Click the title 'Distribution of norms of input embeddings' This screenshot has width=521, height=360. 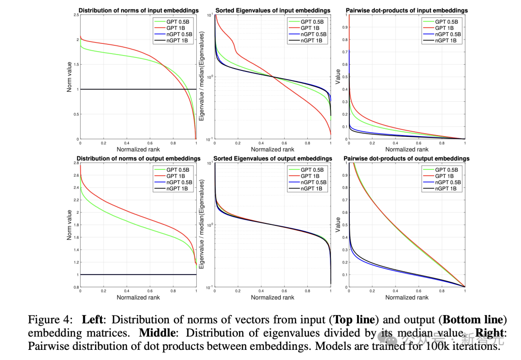pos(138,10)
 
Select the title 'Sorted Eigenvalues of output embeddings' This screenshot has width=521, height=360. pos(273,158)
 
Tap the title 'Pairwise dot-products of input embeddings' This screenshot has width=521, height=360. pos(407,10)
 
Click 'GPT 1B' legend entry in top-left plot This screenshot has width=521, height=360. pos(178,28)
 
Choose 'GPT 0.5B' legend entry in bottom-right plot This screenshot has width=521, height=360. pos(446,170)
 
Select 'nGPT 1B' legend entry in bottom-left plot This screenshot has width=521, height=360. pos(178,189)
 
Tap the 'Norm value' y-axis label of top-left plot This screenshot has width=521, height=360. pos(69,77)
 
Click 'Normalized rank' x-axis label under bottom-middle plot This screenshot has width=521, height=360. pos(273,297)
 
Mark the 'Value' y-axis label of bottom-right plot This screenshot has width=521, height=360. pos(338,225)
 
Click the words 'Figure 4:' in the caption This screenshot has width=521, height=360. pos(50,320)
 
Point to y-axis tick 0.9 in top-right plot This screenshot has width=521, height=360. pos(344,27)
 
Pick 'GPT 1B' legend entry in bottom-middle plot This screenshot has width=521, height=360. pos(312,176)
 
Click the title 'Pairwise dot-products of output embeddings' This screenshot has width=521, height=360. pos(406,158)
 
